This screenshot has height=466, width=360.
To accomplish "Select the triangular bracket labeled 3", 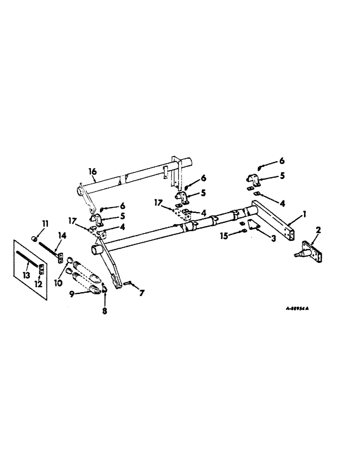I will click(253, 225).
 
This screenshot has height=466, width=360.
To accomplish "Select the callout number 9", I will click(71, 294).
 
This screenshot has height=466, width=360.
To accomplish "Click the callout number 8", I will click(104, 311).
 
